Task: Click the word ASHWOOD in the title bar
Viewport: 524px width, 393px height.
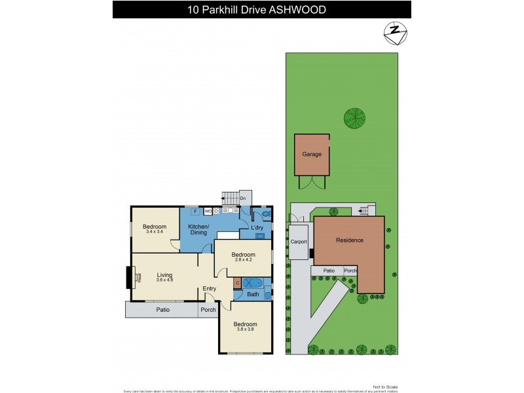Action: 299,9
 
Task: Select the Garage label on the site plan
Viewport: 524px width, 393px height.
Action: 311,155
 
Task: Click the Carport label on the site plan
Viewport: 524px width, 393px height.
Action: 299,242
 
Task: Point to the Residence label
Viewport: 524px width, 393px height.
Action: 349,240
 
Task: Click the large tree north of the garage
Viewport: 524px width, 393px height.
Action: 354,118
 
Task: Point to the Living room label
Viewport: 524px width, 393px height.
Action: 164,275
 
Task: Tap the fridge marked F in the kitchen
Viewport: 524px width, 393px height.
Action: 194,212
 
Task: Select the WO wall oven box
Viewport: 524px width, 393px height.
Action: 208,212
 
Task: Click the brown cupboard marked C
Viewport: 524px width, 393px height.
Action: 237,283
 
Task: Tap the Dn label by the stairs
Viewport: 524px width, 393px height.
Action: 242,198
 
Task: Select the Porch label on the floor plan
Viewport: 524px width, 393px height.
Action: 208,310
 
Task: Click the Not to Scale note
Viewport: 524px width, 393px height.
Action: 385,386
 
